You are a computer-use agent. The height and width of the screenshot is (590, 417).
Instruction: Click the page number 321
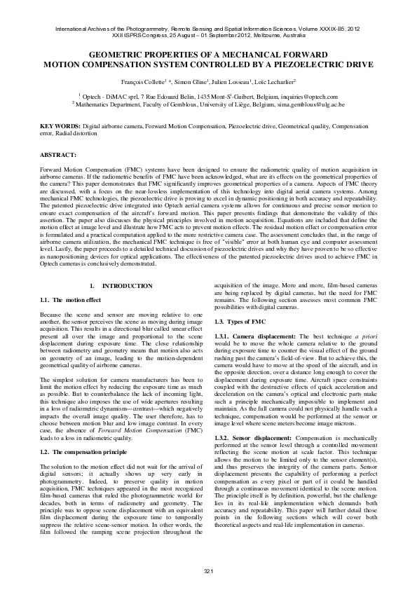(x=208, y=571)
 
